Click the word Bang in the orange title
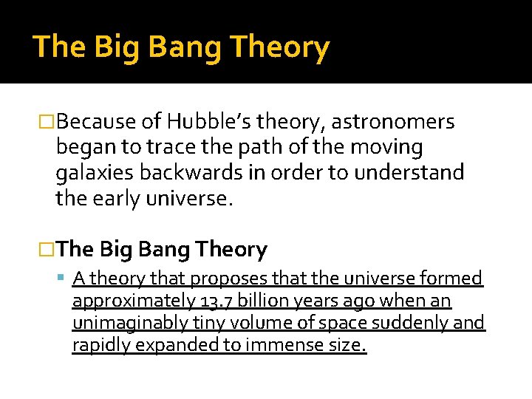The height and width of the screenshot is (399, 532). pyautogui.click(x=185, y=47)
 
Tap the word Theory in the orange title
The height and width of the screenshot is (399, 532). pyautogui.click(x=279, y=47)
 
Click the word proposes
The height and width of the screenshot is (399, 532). pyautogui.click(x=222, y=279)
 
